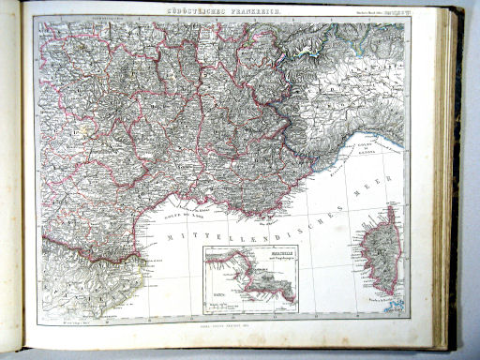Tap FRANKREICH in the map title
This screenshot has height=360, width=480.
(x=245, y=11)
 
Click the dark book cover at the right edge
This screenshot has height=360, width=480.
(x=461, y=187)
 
